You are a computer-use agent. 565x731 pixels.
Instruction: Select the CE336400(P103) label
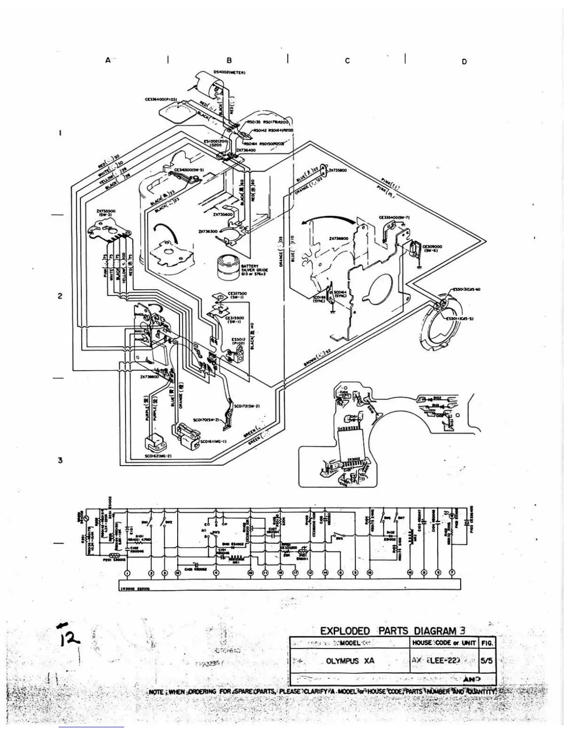click(x=161, y=99)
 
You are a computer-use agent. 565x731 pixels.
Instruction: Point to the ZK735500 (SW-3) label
click(x=106, y=213)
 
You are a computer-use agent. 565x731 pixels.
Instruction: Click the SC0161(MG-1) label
click(x=213, y=442)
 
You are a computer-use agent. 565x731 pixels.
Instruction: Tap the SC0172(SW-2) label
click(x=247, y=406)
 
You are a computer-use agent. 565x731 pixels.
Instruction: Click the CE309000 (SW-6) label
click(x=433, y=248)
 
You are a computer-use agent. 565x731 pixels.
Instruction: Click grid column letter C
click(x=347, y=61)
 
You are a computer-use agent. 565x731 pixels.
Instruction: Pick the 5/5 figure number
click(x=487, y=660)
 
